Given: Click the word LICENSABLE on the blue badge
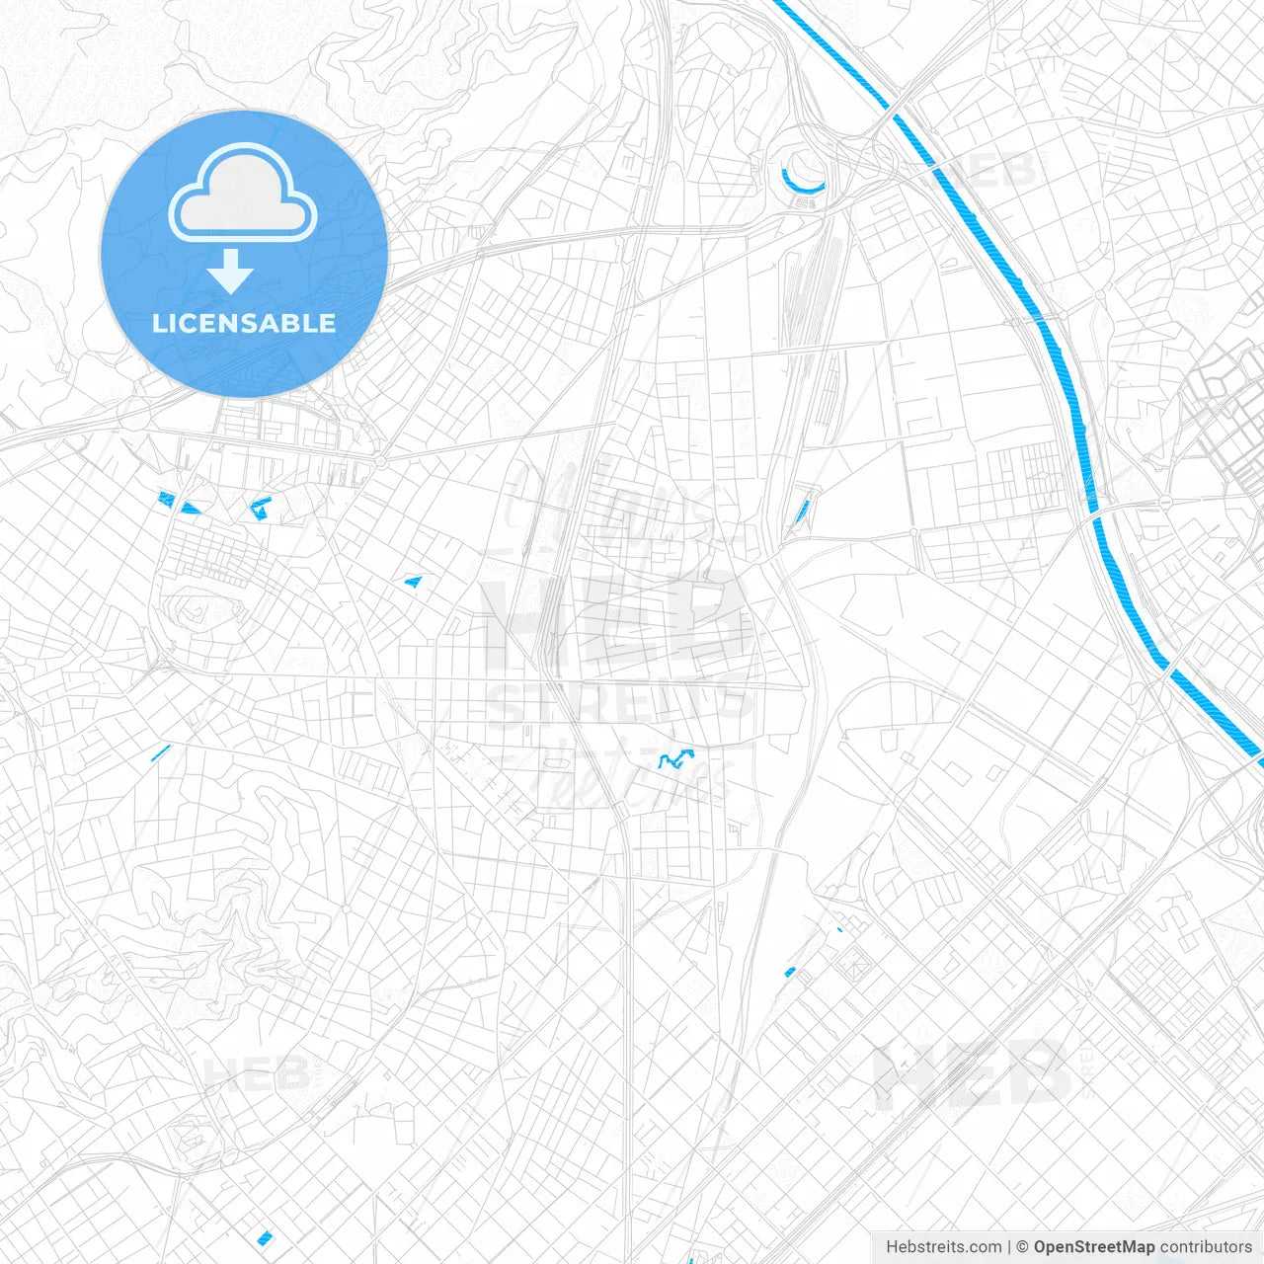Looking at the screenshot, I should (x=244, y=323).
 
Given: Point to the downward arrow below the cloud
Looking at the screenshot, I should (x=231, y=272).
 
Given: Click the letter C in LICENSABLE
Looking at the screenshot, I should (x=184, y=323).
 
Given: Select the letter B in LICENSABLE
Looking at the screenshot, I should (x=292, y=323).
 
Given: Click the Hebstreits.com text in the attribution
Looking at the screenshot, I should (x=943, y=1247).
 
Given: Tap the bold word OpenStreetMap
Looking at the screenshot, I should (x=1093, y=1247).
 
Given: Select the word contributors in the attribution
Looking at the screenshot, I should (x=1205, y=1247).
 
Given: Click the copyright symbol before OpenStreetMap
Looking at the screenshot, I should (x=1023, y=1247).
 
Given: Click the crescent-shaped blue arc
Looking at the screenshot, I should (x=802, y=184).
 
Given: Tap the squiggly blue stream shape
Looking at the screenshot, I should (x=676, y=759).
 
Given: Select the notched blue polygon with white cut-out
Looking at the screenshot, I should (x=261, y=508).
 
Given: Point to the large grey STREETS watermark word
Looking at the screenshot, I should (x=617, y=703).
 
